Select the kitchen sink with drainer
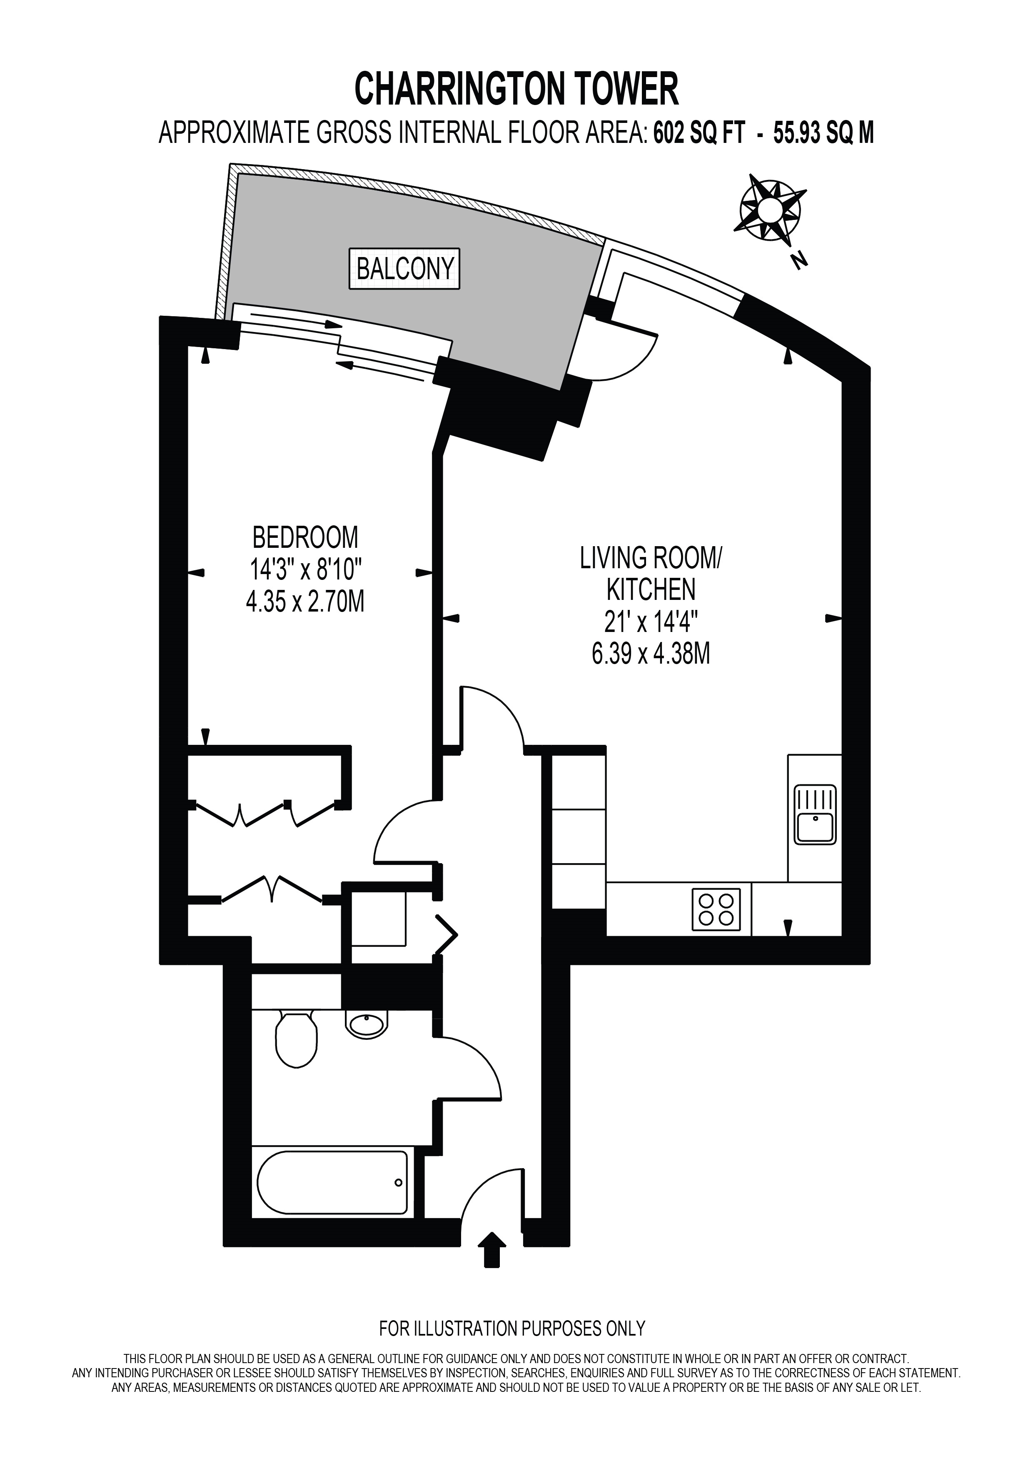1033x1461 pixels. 816,815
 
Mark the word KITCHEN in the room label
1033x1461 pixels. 651,590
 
